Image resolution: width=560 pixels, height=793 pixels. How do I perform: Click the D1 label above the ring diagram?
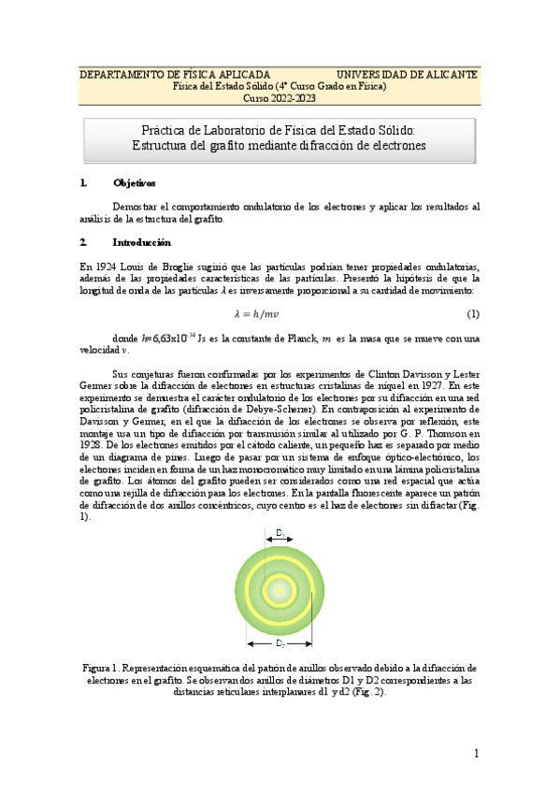click(x=280, y=533)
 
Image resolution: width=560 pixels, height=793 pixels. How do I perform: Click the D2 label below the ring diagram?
click(x=280, y=644)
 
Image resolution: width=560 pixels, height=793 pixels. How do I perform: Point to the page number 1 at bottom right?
click(x=476, y=754)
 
